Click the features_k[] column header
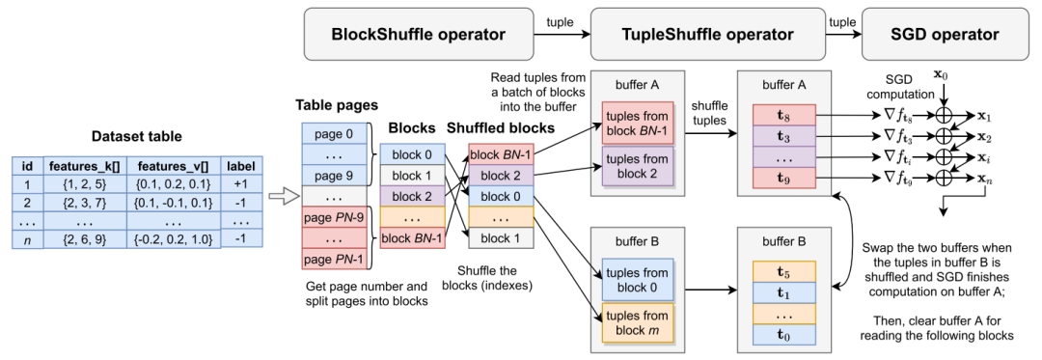pyautogui.click(x=84, y=165)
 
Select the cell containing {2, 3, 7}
pyautogui.click(x=84, y=202)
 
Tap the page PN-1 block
pyautogui.click(x=335, y=259)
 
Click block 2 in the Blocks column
pyautogui.click(x=412, y=197)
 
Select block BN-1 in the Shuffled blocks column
pyautogui.click(x=501, y=154)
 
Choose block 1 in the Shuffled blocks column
pyautogui.click(x=501, y=237)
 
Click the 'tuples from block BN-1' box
pyautogui.click(x=638, y=123)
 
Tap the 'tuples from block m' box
pyautogui.click(x=638, y=322)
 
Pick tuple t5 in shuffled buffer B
pyautogui.click(x=784, y=271)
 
